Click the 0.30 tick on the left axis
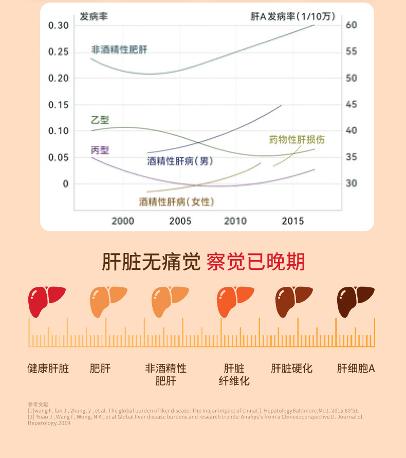click(x=58, y=26)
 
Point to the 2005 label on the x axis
click(x=180, y=221)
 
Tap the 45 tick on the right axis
click(x=350, y=105)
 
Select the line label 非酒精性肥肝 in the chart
click(x=119, y=50)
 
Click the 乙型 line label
click(x=100, y=120)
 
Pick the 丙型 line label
click(x=100, y=150)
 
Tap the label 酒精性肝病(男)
click(x=180, y=161)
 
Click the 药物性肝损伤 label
click(x=297, y=140)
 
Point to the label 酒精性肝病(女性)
click(x=176, y=201)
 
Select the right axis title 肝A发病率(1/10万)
click(x=293, y=16)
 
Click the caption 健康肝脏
click(x=48, y=369)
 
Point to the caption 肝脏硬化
click(x=291, y=369)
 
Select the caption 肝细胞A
click(x=356, y=369)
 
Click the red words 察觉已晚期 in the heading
click(x=255, y=262)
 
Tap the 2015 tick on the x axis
click(x=293, y=221)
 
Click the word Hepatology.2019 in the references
click(x=49, y=423)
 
